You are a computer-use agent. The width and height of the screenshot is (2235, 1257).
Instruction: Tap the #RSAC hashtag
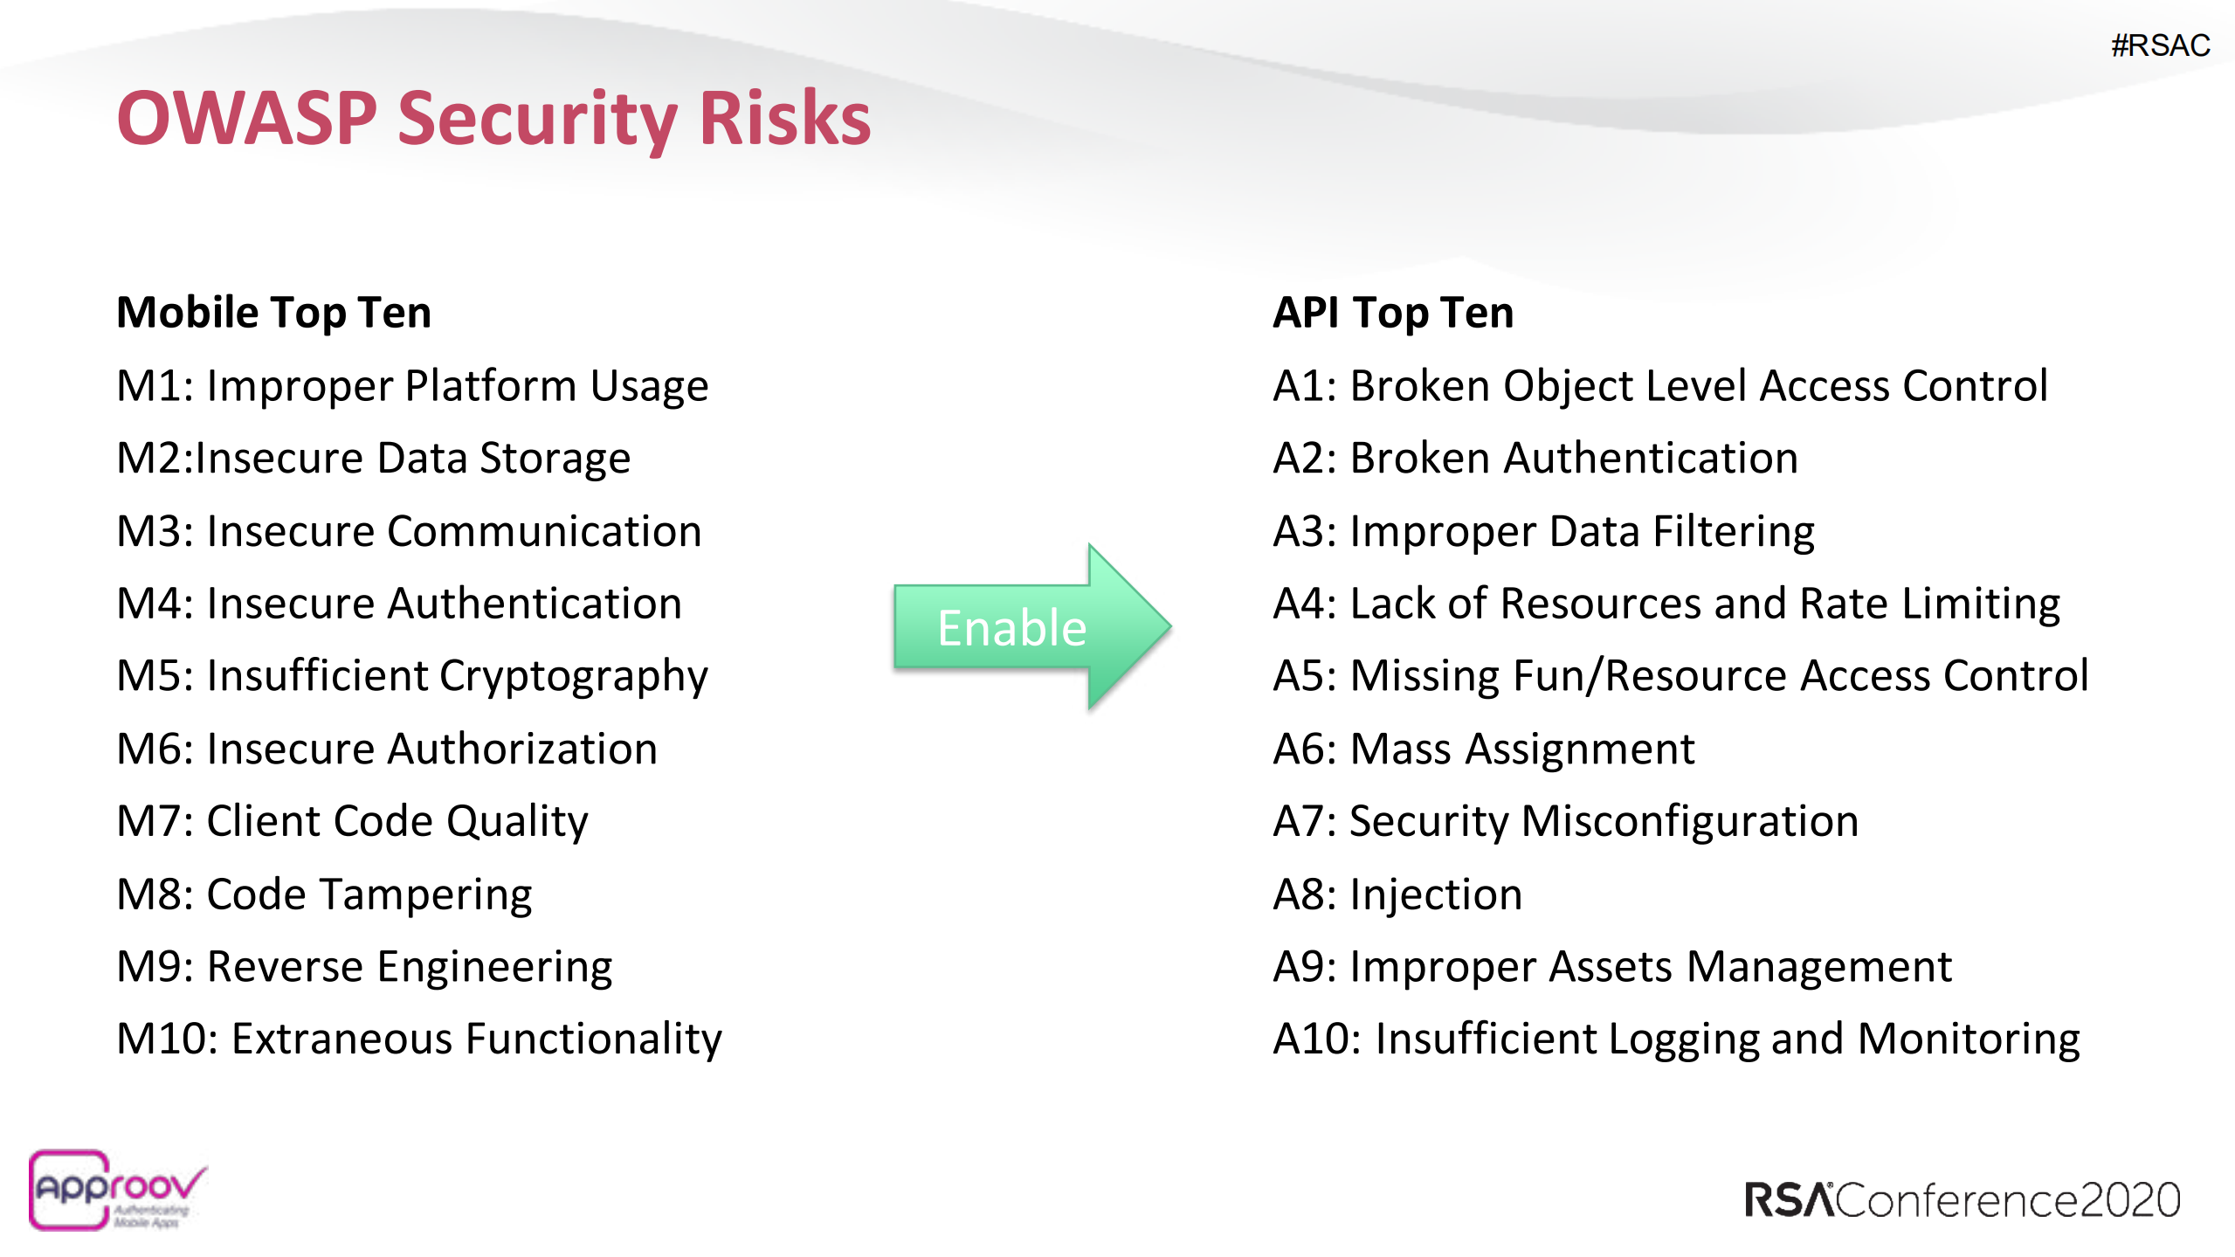(2159, 45)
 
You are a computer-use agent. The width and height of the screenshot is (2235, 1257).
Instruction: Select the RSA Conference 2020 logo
(1962, 1199)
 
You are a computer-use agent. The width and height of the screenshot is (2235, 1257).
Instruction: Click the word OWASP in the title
(247, 118)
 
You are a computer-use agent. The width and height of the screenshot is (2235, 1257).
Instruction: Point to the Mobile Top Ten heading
(273, 313)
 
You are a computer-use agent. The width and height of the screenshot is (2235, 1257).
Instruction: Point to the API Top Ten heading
(1392, 313)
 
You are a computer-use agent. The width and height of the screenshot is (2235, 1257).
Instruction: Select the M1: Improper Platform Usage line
(412, 386)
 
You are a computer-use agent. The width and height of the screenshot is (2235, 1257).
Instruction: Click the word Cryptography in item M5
(573, 677)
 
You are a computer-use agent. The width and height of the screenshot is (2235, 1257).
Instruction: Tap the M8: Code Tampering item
(324, 894)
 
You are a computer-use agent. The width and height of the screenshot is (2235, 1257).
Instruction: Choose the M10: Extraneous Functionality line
(419, 1039)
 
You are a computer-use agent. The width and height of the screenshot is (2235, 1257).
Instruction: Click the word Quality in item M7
(517, 822)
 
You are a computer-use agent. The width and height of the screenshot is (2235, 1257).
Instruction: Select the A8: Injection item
(1397, 894)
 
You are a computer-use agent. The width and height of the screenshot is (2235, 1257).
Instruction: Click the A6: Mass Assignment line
(1483, 749)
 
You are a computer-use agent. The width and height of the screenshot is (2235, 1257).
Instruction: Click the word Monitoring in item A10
(1968, 1039)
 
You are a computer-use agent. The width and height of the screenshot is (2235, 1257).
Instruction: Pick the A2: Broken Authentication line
(1535, 459)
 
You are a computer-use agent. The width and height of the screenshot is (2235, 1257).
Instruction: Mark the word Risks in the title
(784, 118)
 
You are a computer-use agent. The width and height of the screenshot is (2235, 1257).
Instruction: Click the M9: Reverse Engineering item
(364, 967)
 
